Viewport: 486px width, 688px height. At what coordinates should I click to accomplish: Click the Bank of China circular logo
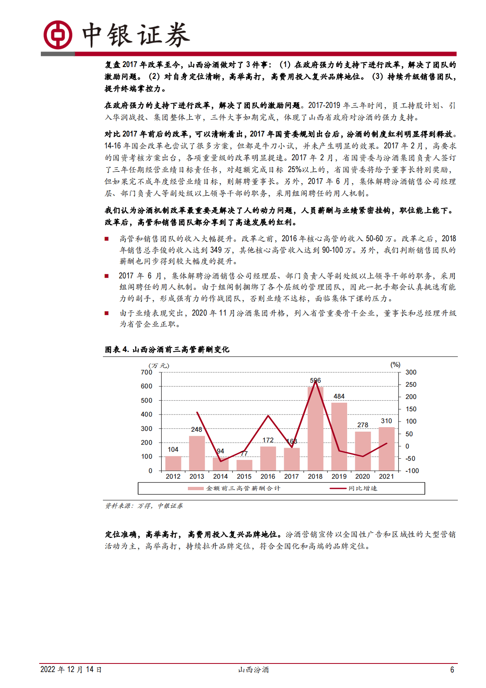[x=58, y=35]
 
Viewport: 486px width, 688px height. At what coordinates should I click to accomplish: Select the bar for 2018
[x=315, y=429]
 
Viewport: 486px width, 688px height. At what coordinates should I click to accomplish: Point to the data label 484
[x=339, y=396]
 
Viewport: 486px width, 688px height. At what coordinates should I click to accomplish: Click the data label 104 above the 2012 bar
[x=173, y=449]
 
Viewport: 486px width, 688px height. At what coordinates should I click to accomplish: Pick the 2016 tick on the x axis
[x=268, y=476]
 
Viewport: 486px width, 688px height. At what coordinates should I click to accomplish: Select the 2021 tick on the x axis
[x=386, y=476]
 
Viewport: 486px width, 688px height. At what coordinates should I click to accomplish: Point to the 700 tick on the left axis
[x=146, y=372]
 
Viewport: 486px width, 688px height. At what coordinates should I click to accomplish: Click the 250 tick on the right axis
[x=411, y=384]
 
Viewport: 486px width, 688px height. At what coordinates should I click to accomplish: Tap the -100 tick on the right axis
[x=412, y=471]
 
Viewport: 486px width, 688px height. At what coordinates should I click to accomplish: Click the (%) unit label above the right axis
[x=395, y=364]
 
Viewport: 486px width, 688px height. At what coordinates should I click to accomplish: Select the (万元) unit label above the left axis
[x=159, y=365]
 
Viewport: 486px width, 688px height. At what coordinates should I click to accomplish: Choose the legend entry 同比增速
[x=363, y=488]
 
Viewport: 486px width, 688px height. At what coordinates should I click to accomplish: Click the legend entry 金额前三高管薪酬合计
[x=243, y=488]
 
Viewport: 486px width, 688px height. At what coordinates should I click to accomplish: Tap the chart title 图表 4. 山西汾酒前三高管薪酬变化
[x=167, y=349]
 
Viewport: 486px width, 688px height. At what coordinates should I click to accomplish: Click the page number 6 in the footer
[x=452, y=670]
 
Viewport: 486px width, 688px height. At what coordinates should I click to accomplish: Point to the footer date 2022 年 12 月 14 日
[x=71, y=670]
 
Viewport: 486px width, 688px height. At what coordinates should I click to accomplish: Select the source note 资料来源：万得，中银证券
[x=144, y=506]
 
